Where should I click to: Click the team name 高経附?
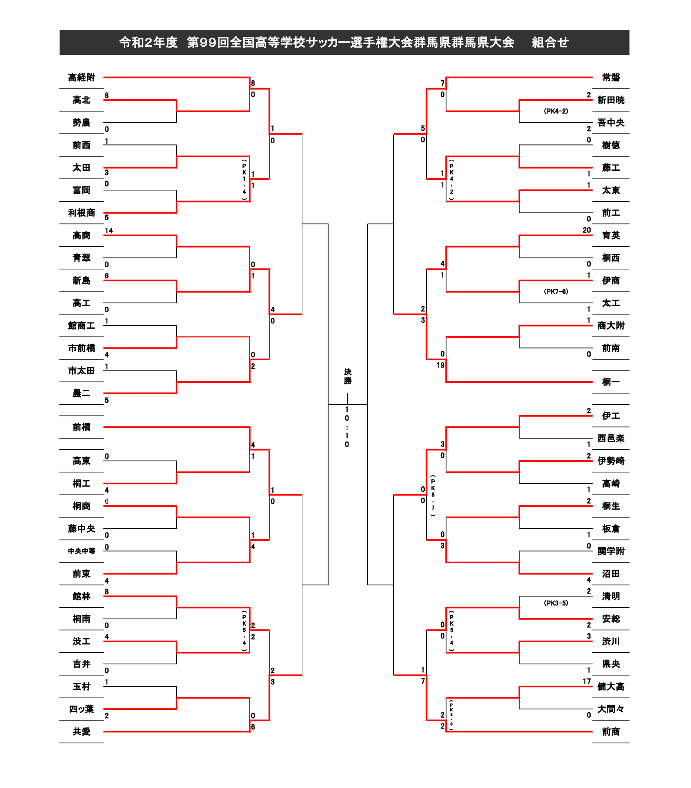click(82, 77)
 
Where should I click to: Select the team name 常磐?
click(611, 77)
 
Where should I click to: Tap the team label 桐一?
click(611, 382)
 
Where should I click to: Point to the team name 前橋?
click(82, 427)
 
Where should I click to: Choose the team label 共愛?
click(82, 732)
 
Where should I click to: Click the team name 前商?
click(611, 732)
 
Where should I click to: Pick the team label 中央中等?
click(82, 551)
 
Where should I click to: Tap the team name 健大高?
click(611, 686)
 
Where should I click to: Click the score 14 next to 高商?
click(109, 230)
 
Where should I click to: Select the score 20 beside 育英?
click(587, 230)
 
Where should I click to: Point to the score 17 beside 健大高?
click(587, 681)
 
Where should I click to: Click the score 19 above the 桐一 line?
click(440, 365)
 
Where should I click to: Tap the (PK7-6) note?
click(556, 291)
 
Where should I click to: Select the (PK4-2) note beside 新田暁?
click(556, 111)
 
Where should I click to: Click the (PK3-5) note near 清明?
click(556, 603)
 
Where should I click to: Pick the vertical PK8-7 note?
click(433, 495)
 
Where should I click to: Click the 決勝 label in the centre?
click(348, 376)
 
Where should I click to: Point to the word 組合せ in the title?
click(550, 42)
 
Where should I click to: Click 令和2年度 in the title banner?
click(148, 42)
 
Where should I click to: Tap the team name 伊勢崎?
click(611, 461)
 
